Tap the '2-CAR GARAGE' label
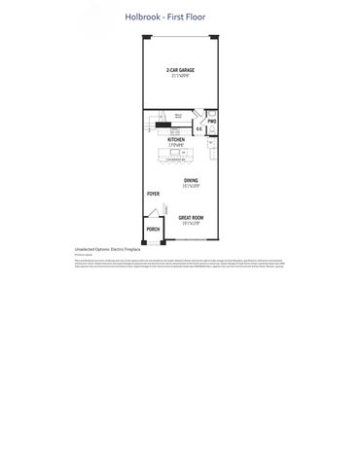178,71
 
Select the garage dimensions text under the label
178,77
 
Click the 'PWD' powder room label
211,122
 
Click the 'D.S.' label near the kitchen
198,129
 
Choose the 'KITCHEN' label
176,139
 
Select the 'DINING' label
191,181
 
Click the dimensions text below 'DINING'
191,187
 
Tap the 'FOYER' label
153,195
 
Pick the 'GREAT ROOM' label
191,217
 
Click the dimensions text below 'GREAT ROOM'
191,223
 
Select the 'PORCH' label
153,231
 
